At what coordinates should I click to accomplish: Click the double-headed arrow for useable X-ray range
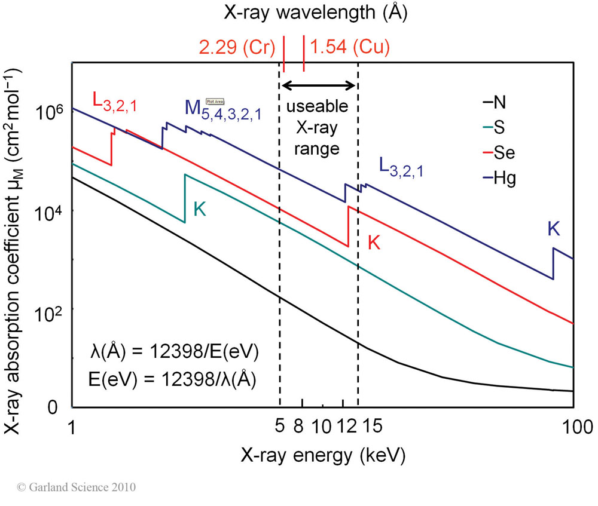(319, 85)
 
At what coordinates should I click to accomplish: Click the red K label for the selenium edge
(374, 243)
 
